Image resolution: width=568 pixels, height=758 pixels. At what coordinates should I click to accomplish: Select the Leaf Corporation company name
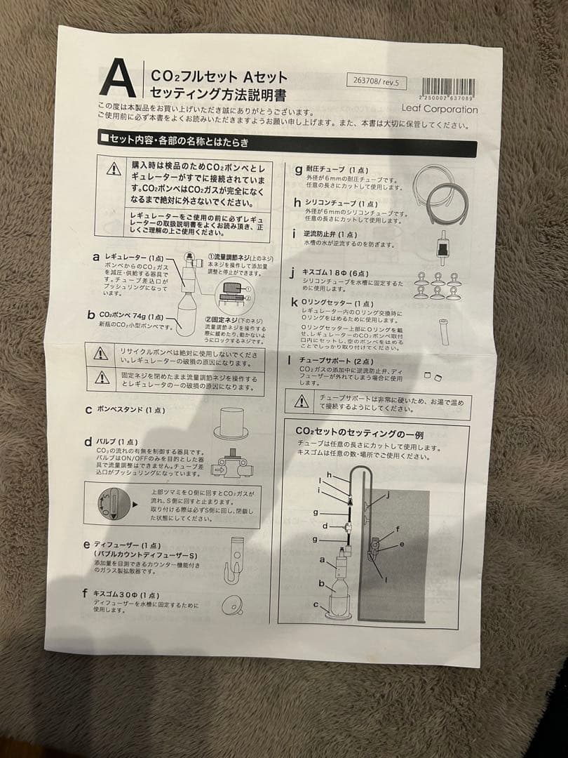point(440,109)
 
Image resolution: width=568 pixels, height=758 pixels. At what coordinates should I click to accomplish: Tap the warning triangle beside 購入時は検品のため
point(114,169)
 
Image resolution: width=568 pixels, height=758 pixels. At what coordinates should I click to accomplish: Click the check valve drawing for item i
point(441,244)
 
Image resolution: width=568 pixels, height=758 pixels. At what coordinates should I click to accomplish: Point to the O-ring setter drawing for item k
point(442,331)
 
